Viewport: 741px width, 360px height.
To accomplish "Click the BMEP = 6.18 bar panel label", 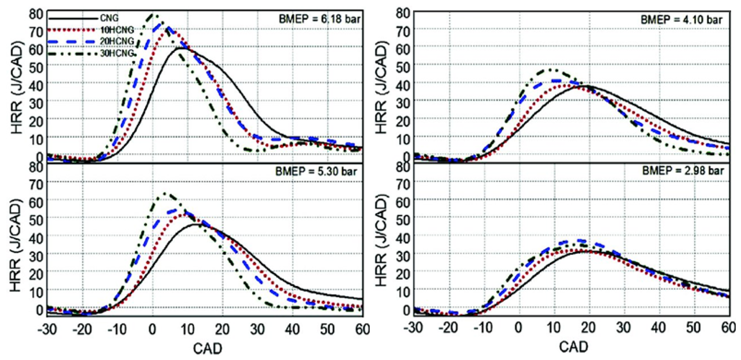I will tap(319, 19).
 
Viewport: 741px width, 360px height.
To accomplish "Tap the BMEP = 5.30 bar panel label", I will tap(316, 172).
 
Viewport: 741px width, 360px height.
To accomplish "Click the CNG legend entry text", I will tap(109, 18).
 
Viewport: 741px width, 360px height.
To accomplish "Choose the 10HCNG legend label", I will tap(117, 30).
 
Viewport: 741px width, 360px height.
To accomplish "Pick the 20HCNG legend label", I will tap(117, 41).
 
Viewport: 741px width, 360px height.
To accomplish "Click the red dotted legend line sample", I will tap(72, 30).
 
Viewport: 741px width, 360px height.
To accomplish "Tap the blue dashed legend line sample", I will tap(72, 42).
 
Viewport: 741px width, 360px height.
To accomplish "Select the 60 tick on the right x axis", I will tap(729, 328).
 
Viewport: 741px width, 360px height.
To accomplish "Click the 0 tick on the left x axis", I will tap(152, 329).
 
